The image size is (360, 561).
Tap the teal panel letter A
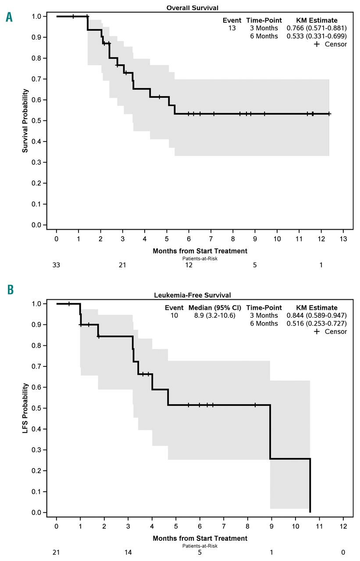pyautogui.click(x=8, y=18)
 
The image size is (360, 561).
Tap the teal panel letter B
pyautogui.click(x=8, y=290)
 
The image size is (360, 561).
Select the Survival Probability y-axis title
pyautogui.click(x=25, y=121)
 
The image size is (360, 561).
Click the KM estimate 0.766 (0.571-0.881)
pyautogui.click(x=317, y=28)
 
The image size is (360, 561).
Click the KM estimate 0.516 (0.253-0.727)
pyautogui.click(x=317, y=323)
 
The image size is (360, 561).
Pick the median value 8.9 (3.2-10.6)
pyautogui.click(x=215, y=316)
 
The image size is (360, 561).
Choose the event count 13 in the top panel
pyautogui.click(x=232, y=28)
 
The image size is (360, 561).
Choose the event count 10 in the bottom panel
pyautogui.click(x=175, y=316)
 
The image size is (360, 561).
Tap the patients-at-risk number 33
pyautogui.click(x=57, y=266)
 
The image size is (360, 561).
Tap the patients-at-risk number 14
pyautogui.click(x=128, y=552)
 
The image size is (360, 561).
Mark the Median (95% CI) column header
pyautogui.click(x=215, y=308)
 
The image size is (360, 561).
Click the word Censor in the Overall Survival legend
pyautogui.click(x=336, y=44)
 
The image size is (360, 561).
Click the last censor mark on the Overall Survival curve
pyautogui.click(x=329, y=114)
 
